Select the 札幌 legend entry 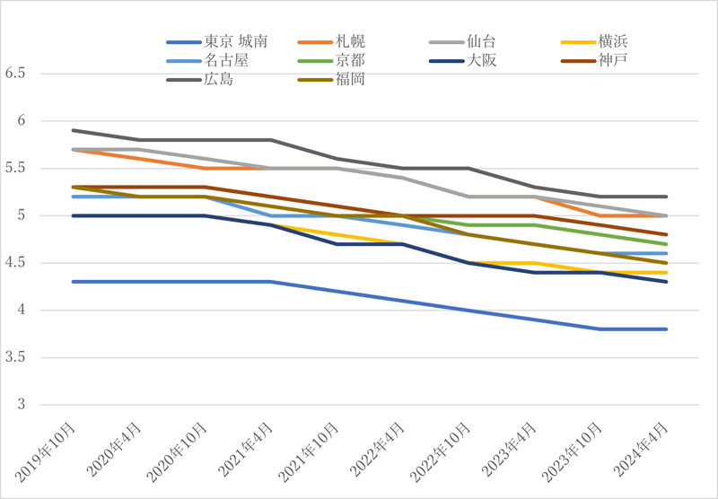tap(350, 41)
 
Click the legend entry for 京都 tap(350, 60)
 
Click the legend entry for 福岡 tap(350, 80)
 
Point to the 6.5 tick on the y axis tap(16, 74)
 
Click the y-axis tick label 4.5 tap(16, 263)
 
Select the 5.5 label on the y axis tap(16, 169)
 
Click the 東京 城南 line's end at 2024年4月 tap(665, 329)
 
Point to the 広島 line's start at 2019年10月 tap(73, 130)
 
